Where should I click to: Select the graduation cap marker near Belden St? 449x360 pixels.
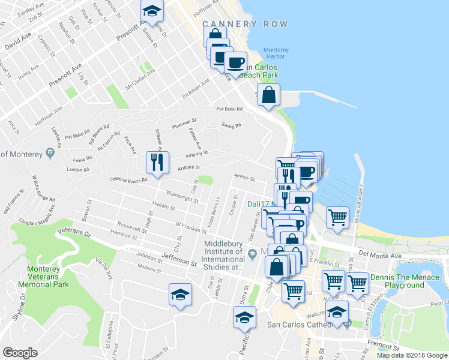pos(152,10)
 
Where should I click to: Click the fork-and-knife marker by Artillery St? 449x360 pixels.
pos(157,162)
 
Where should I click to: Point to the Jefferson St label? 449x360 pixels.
pos(179,259)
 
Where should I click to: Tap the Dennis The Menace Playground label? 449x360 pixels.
pos(405,281)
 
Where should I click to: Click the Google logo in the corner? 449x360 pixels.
pos(20,353)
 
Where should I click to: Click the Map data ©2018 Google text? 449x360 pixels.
pos(412,355)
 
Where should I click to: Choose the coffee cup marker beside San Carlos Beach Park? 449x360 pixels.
pos(235,62)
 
